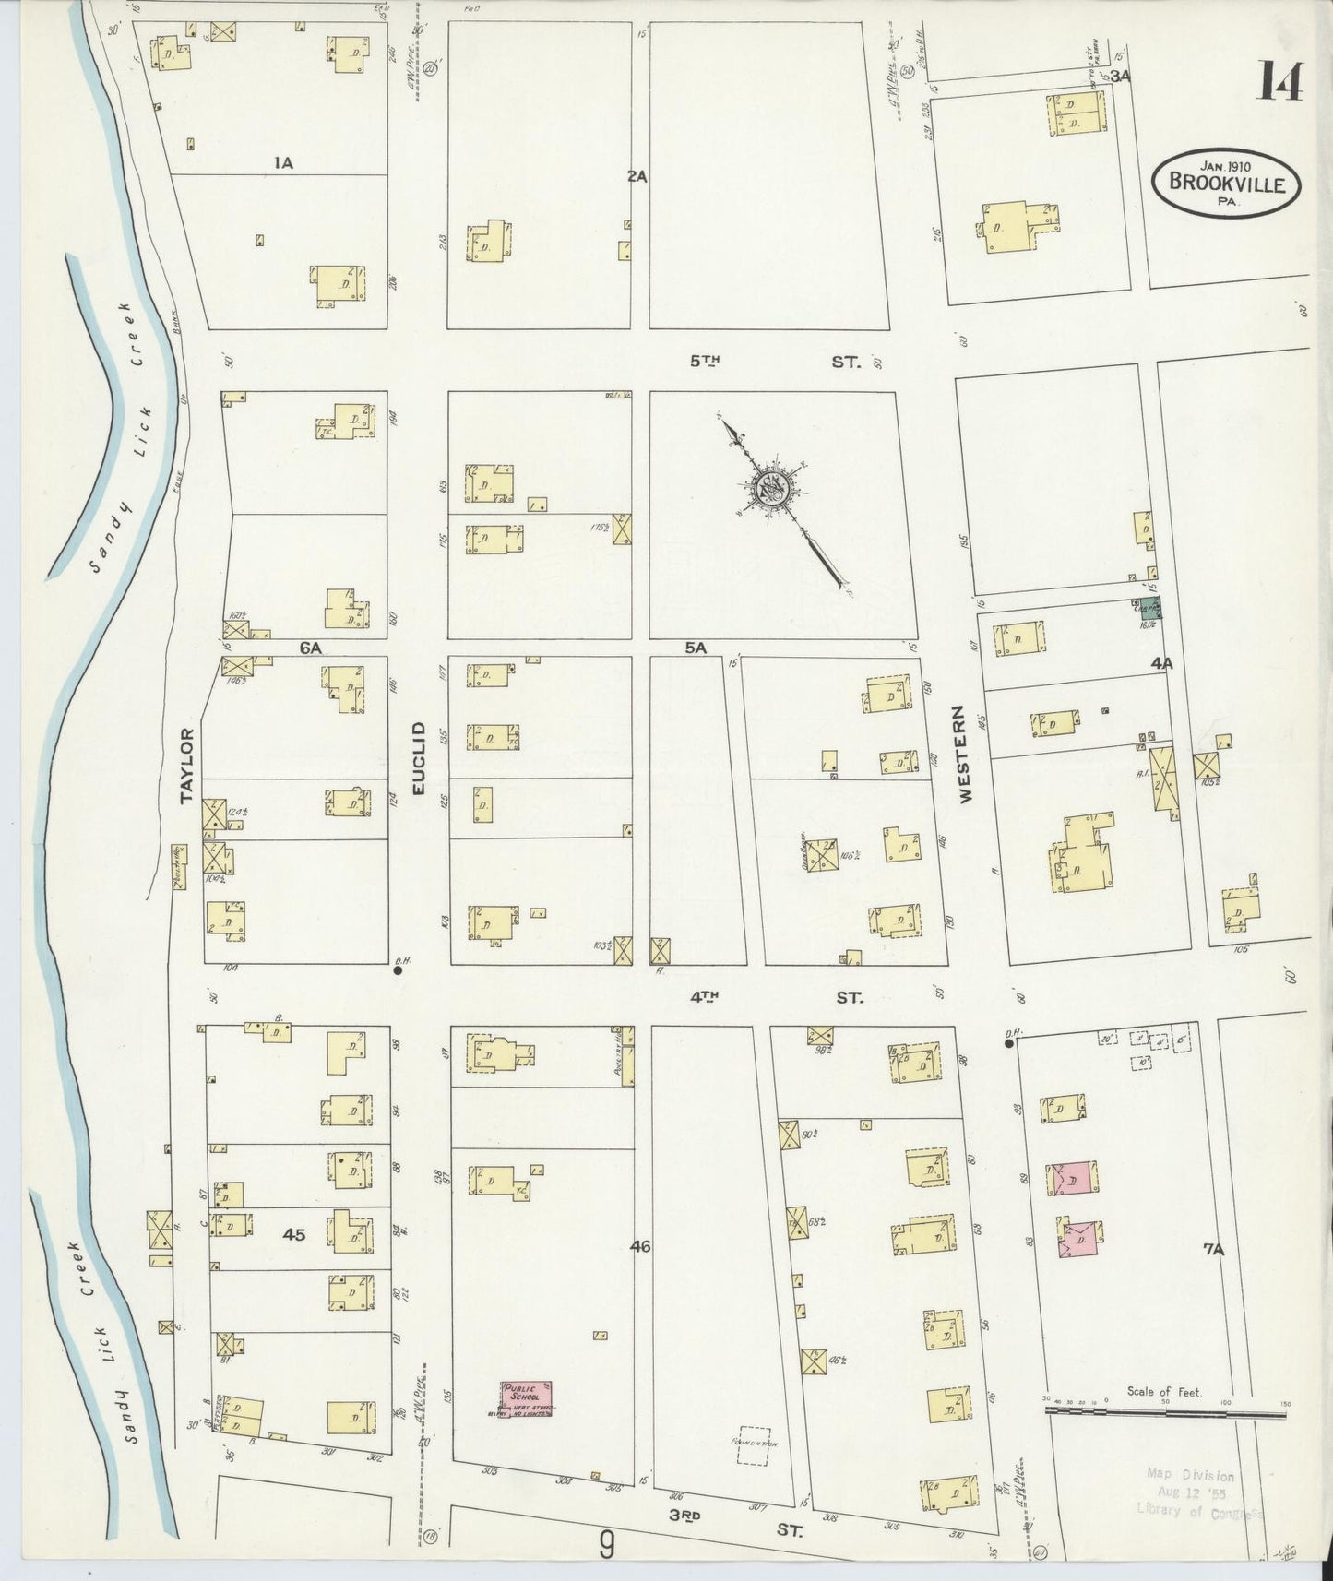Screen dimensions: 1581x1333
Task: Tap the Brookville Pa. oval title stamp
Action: pos(1226,183)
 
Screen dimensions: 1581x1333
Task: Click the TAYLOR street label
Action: pos(187,765)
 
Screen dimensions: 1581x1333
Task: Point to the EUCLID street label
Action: pos(418,759)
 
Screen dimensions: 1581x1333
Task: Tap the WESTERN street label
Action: pos(965,754)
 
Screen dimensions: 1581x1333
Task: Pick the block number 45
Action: pos(293,1234)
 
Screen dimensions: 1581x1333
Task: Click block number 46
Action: pos(640,1246)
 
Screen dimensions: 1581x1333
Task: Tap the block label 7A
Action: pos(1214,1249)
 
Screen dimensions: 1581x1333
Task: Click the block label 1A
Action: pos(282,162)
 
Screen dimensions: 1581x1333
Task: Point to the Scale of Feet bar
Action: pos(1165,1410)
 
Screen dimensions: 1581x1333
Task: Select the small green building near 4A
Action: pos(1149,607)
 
